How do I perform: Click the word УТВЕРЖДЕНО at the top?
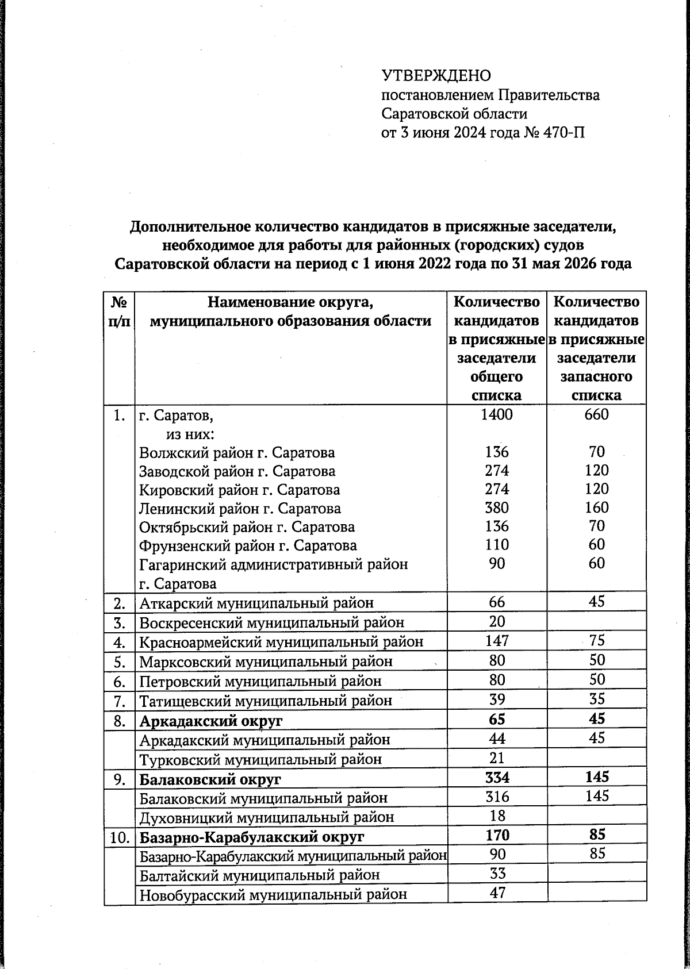pos(436,75)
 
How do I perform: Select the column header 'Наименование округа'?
pos(290,302)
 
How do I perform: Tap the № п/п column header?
pos(118,311)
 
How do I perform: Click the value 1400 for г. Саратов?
pos(496,414)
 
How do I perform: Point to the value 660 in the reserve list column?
pos(596,414)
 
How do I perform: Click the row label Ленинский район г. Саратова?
pos(240,509)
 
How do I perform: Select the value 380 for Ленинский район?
pos(496,507)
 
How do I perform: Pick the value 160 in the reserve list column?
pos(596,507)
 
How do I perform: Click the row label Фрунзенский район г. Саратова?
pos(248,545)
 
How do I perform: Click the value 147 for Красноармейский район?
pos(497,640)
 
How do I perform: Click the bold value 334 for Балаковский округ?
pos(496,778)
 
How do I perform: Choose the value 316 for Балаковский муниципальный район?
pos(496,797)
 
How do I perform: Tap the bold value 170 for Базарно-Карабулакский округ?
pos(496,835)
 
